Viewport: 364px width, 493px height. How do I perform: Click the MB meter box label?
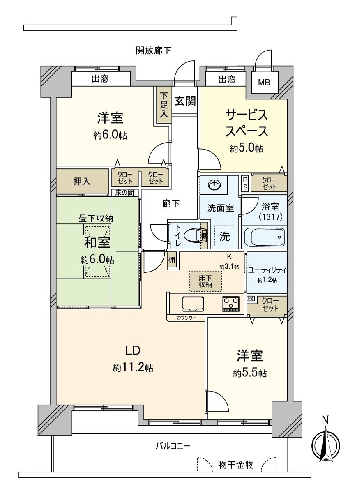[x=264, y=82]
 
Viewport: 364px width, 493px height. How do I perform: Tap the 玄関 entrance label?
[x=184, y=101]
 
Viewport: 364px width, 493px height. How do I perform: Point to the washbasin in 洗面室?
[x=214, y=185]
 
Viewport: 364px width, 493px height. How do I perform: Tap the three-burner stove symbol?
[x=230, y=304]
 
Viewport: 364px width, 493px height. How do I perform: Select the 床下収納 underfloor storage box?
[x=205, y=281]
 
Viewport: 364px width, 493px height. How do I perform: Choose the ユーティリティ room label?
[x=267, y=270]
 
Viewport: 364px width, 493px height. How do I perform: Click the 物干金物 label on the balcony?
[x=236, y=465]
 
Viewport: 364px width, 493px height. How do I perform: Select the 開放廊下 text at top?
[x=154, y=51]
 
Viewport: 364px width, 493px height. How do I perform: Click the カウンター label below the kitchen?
[x=187, y=318]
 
